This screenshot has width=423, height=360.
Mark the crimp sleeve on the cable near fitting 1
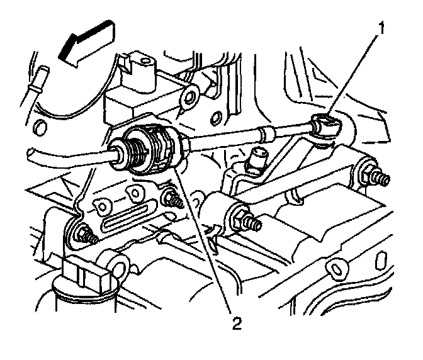(x=264, y=133)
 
